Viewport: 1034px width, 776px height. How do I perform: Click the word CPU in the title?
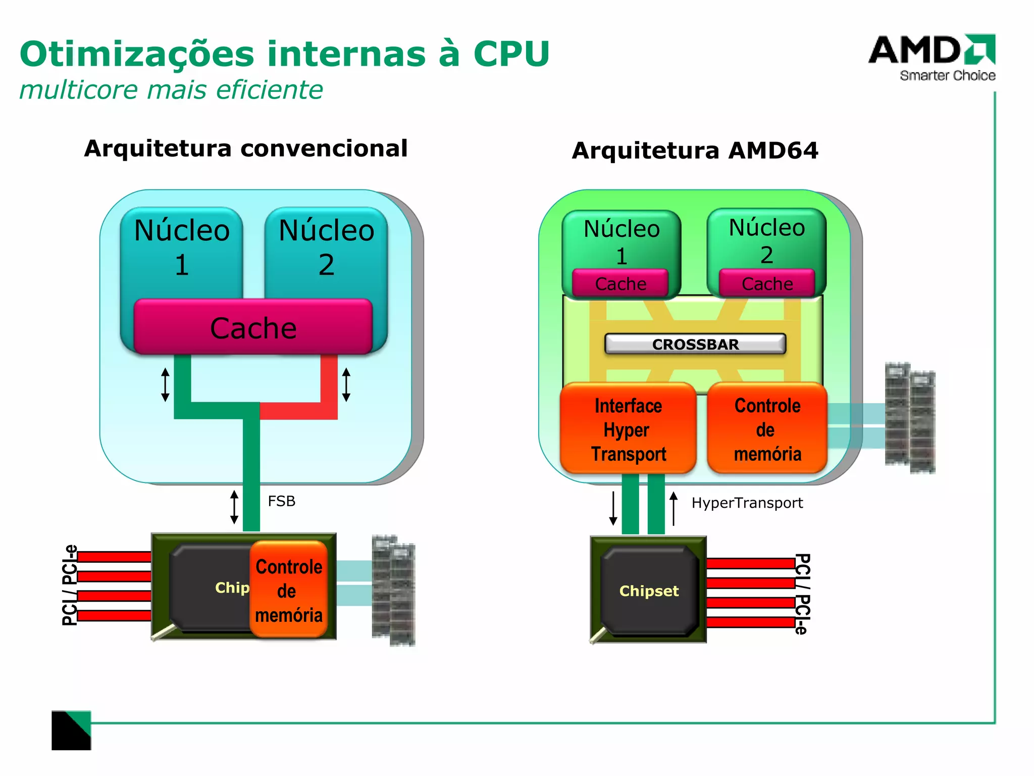click(511, 54)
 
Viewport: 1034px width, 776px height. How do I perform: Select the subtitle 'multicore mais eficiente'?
click(171, 90)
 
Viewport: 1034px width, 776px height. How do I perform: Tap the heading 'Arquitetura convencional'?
click(245, 149)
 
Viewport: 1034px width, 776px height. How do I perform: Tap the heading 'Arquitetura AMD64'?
click(695, 151)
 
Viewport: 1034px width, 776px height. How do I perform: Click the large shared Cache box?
click(253, 327)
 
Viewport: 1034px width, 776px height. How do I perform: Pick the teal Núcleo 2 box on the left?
click(326, 248)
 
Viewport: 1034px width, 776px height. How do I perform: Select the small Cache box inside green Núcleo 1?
click(621, 284)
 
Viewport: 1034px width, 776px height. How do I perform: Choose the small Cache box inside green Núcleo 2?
click(767, 284)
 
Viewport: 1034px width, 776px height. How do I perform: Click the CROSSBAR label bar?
click(695, 344)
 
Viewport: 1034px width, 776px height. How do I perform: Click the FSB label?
click(281, 501)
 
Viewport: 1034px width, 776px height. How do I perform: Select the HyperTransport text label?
click(747, 503)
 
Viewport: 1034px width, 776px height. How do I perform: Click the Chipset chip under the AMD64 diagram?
click(649, 591)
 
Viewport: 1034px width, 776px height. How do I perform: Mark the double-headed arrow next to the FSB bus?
click(234, 507)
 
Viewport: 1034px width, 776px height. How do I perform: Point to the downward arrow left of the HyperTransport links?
click(613, 508)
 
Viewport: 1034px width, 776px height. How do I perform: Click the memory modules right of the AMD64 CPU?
click(910, 417)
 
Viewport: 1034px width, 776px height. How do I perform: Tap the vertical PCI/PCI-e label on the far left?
click(70, 585)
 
